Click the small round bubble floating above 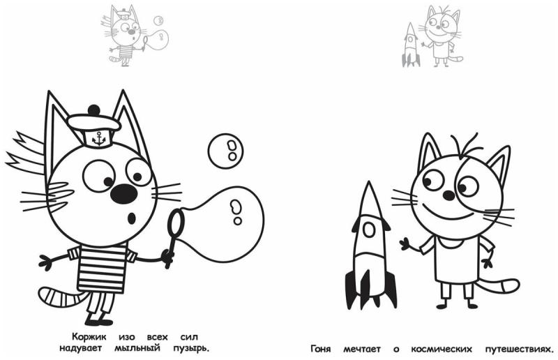pos(226,149)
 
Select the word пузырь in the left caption pos(188,347)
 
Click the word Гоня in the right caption pos(319,348)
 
